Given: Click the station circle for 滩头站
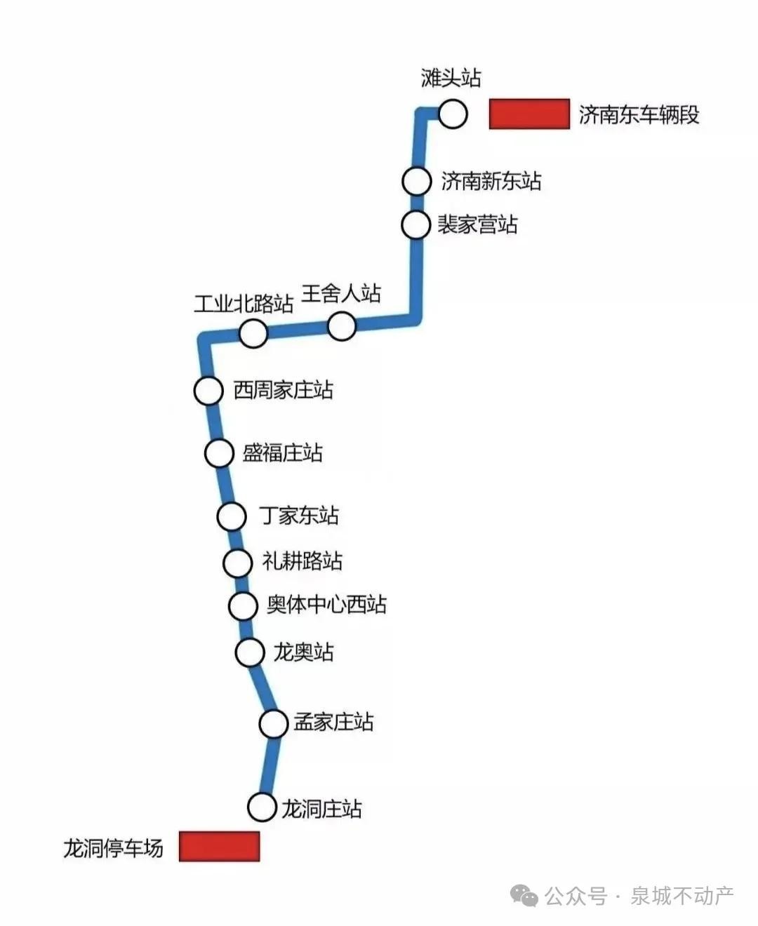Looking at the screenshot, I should click(453, 114).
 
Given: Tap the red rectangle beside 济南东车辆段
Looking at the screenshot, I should click(529, 114).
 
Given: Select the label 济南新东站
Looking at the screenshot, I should click(491, 181).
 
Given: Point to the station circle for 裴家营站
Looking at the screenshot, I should click(415, 225).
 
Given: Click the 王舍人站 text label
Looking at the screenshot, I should click(341, 293).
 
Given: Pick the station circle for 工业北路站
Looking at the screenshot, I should click(253, 333).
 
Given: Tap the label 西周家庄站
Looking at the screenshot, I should click(284, 390).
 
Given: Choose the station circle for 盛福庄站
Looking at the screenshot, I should click(219, 453).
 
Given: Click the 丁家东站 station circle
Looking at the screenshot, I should click(231, 517).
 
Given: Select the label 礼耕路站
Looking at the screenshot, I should click(302, 561).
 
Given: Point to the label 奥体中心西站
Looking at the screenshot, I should click(326, 605).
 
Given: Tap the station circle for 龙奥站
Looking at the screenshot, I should click(249, 652).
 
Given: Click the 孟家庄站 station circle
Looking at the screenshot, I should click(274, 723).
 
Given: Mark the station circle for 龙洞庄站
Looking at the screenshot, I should click(262, 807).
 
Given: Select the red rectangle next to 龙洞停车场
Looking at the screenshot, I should click(219, 846).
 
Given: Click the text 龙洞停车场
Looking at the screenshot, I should click(114, 848).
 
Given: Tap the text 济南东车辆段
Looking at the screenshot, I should click(639, 114).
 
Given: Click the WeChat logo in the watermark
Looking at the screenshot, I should click(525, 895).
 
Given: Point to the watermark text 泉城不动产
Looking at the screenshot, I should click(682, 896).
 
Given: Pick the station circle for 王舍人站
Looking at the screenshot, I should click(342, 326).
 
